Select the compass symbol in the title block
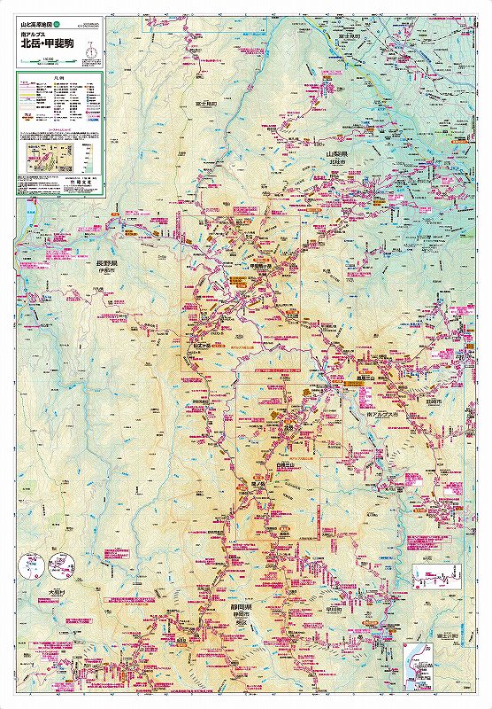[x=89, y=51]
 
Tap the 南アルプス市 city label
[x=381, y=414]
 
